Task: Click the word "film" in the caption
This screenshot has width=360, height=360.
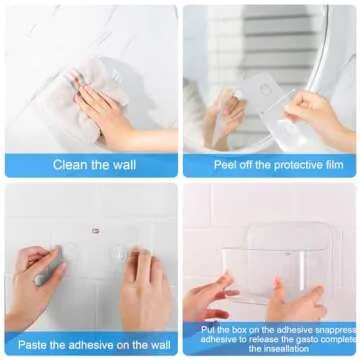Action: point(329,165)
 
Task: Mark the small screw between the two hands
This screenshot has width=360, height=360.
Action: point(95,231)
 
